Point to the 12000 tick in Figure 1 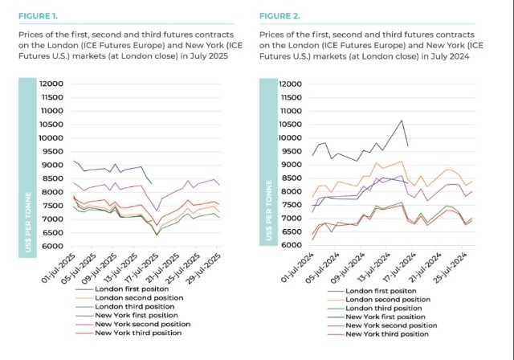pyautogui.click(x=51, y=84)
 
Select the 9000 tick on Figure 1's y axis pyautogui.click(x=53, y=165)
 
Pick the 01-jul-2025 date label pyautogui.click(x=62, y=266)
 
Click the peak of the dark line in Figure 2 pyautogui.click(x=401, y=121)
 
